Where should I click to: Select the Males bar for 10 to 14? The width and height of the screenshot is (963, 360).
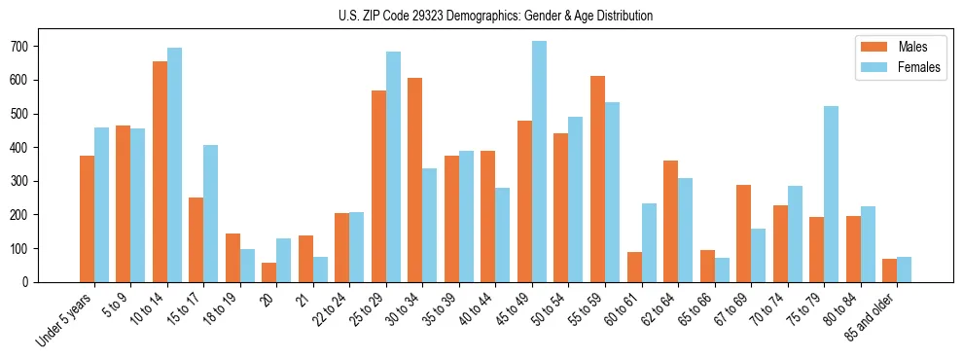pos(160,171)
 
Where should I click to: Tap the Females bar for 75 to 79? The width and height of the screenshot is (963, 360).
pos(831,194)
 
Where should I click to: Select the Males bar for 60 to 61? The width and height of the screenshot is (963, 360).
pos(634,267)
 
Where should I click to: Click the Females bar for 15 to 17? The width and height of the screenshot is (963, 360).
pos(211,213)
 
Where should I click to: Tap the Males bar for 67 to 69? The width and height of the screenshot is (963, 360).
pos(743,234)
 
